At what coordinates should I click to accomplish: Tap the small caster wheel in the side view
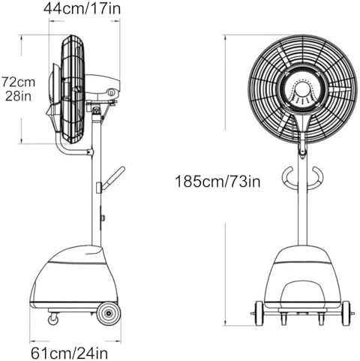(52, 319)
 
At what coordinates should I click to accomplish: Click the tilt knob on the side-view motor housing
(111, 92)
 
